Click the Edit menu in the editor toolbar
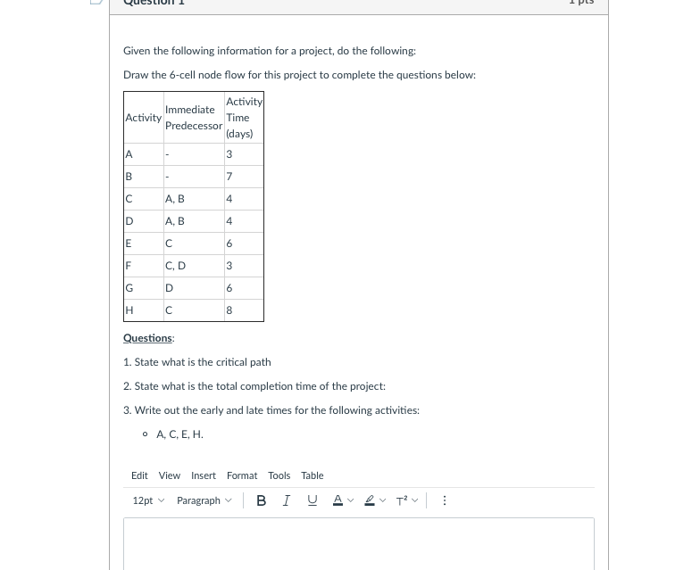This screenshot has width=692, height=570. click(x=139, y=475)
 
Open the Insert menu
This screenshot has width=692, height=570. click(x=203, y=475)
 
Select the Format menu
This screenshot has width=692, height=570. click(x=241, y=475)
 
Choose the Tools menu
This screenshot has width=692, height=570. click(x=279, y=475)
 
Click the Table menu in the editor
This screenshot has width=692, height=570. click(x=312, y=475)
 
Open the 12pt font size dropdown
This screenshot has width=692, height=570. click(x=148, y=500)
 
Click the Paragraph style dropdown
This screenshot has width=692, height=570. click(x=204, y=500)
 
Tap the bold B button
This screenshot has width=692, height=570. click(x=261, y=500)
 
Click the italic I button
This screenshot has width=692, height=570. click(x=286, y=500)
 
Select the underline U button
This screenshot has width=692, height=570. click(x=312, y=500)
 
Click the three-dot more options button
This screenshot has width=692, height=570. click(x=445, y=500)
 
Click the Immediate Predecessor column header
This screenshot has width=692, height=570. click(x=193, y=118)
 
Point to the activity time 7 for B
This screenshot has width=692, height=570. click(x=229, y=177)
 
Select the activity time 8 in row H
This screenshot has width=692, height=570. click(x=229, y=310)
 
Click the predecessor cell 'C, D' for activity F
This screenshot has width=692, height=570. click(x=175, y=266)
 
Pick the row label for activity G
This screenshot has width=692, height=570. click(x=129, y=288)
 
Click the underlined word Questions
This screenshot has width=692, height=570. click(x=148, y=338)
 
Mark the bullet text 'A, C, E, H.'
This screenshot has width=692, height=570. click(x=179, y=434)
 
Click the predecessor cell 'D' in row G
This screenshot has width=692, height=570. click(x=170, y=288)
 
